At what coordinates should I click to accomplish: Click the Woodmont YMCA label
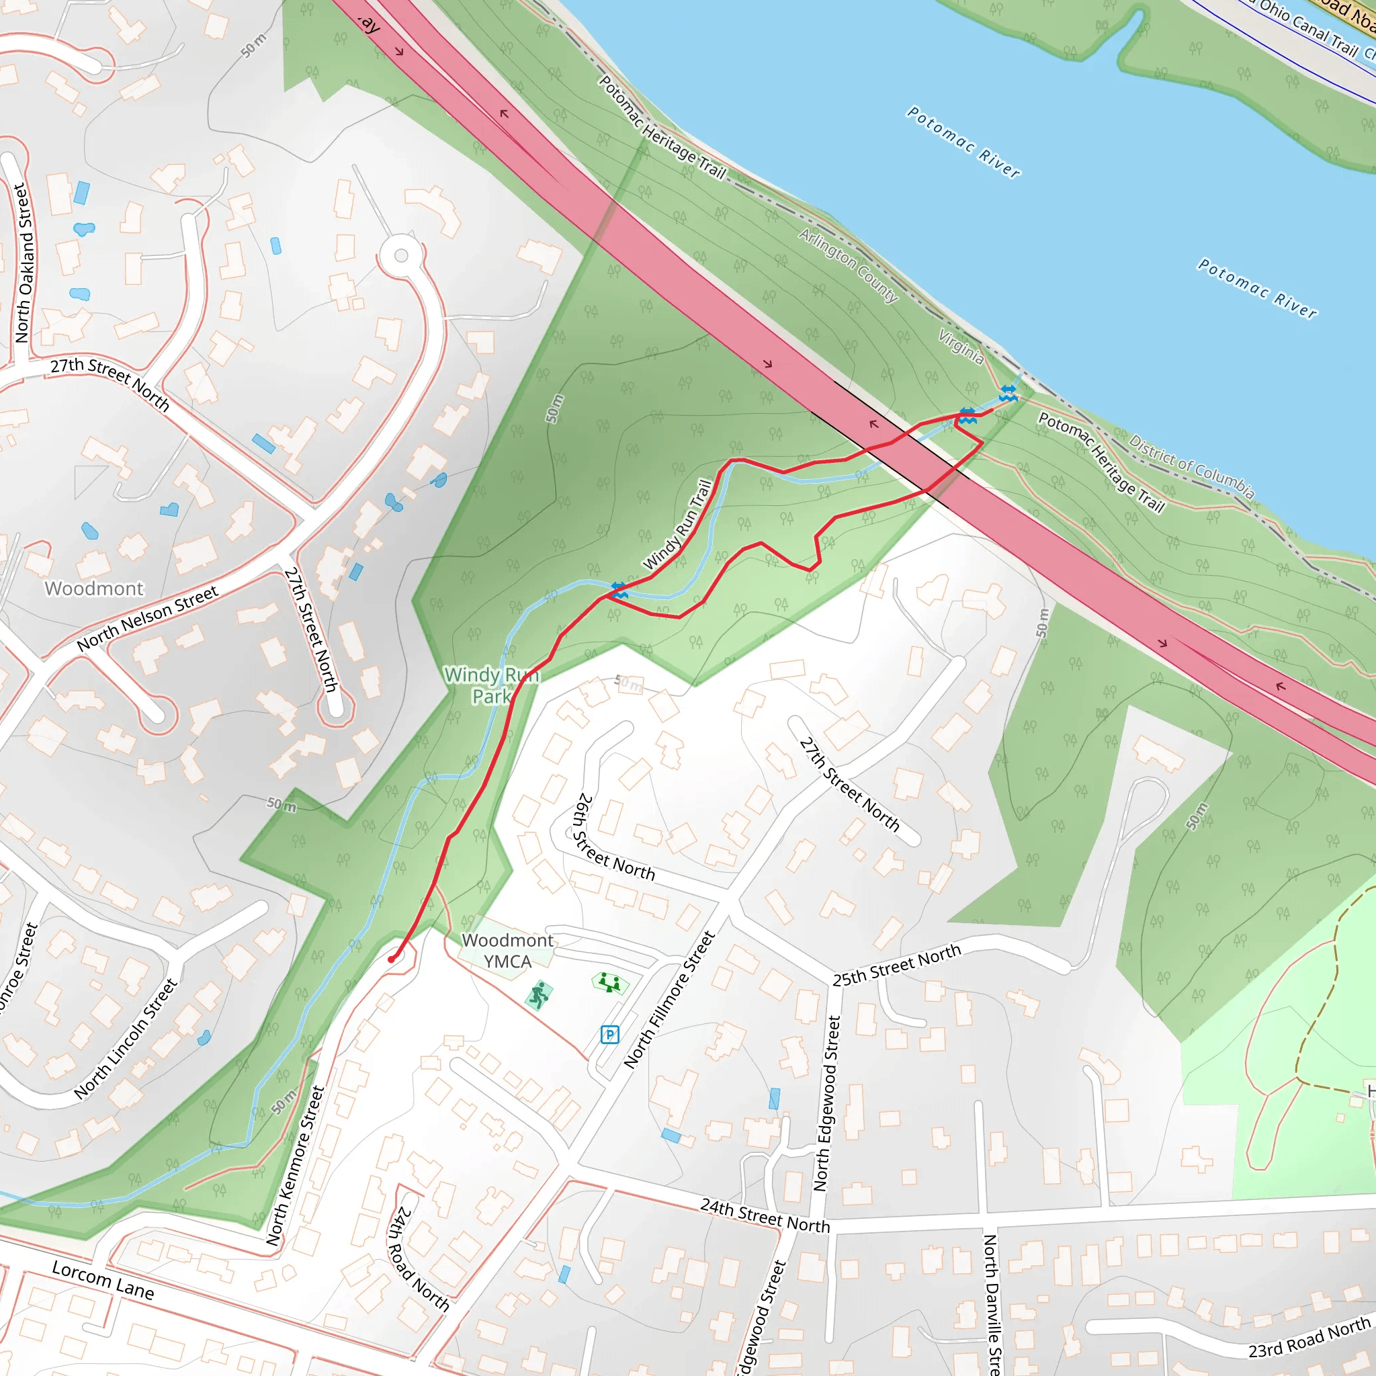click(507, 951)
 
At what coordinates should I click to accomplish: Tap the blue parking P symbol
click(609, 1034)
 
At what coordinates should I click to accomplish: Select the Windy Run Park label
click(491, 685)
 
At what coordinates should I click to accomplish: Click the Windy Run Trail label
click(677, 524)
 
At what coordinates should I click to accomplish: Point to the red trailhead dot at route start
click(391, 959)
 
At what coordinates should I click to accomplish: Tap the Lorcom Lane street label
click(103, 1280)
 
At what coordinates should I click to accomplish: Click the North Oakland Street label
click(24, 263)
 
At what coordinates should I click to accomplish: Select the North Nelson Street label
click(147, 618)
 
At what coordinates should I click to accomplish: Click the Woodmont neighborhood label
click(94, 589)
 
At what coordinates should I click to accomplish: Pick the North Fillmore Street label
click(669, 999)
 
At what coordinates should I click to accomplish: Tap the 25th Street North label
click(897, 965)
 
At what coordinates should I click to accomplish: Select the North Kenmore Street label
click(295, 1166)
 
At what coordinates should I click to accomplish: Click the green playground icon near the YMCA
click(609, 983)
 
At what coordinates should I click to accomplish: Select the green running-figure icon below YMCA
click(539, 995)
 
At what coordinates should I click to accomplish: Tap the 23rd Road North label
click(1309, 1337)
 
